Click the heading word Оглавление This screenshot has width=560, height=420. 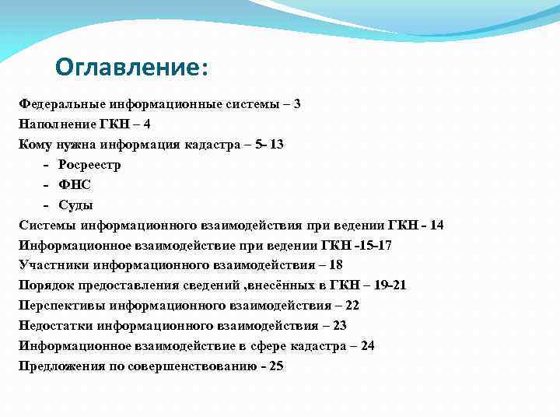click(x=128, y=68)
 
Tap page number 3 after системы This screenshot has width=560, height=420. click(x=297, y=103)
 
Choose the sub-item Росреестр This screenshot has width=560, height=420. click(x=89, y=164)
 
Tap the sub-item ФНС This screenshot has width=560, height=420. click(x=74, y=184)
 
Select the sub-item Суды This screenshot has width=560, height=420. click(x=75, y=205)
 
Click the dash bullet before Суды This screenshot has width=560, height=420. click(x=47, y=205)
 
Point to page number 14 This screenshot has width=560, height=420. click(x=436, y=225)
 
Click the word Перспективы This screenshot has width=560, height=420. click(x=61, y=306)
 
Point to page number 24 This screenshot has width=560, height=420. click(x=367, y=346)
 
